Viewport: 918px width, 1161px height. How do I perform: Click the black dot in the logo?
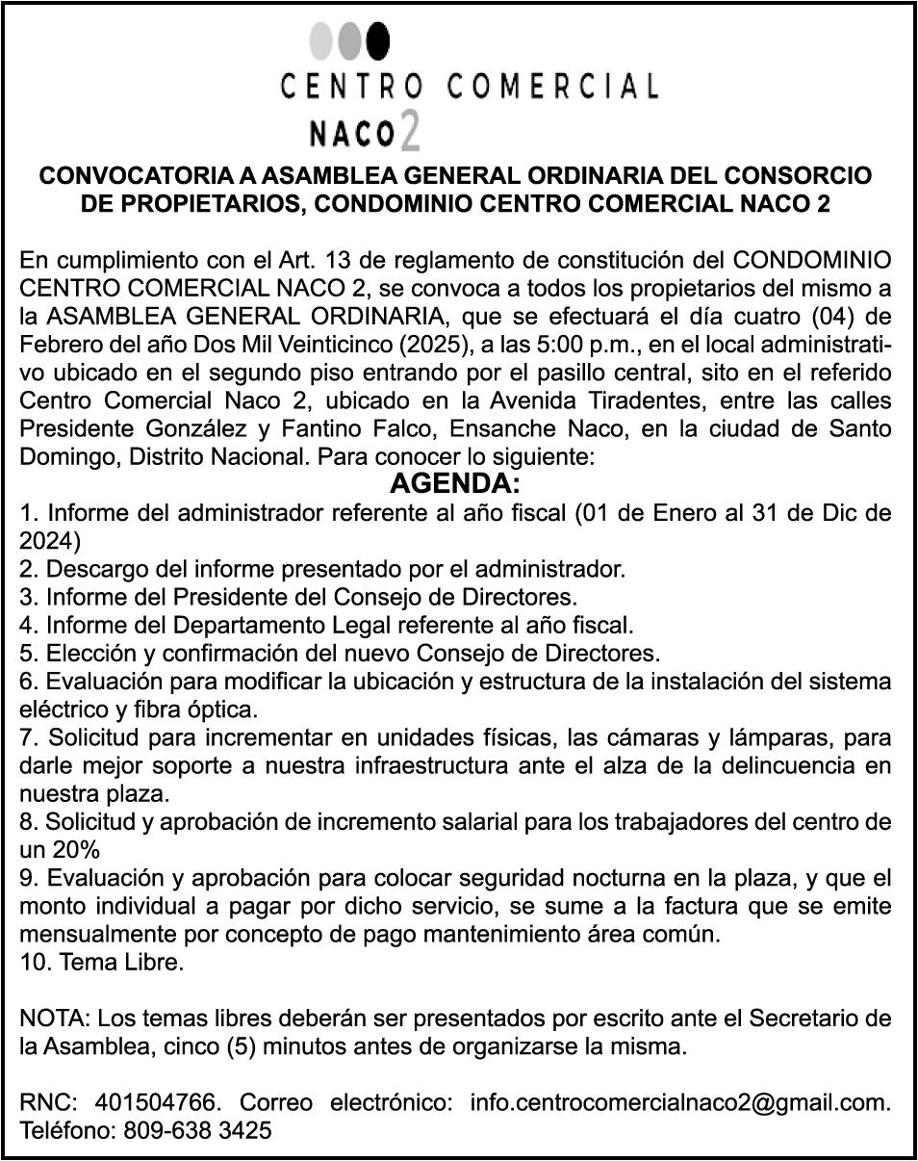(x=378, y=41)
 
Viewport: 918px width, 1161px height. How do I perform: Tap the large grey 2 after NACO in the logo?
(x=410, y=132)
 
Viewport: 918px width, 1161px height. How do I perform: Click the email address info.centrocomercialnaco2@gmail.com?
(x=679, y=1101)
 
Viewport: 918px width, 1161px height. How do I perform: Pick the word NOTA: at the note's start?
(x=55, y=1018)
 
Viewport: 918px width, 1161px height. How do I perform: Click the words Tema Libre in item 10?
(x=121, y=962)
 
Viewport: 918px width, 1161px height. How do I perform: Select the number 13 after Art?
(x=342, y=260)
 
